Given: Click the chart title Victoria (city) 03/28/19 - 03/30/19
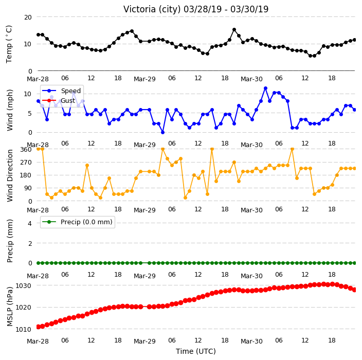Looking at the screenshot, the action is click(196, 9).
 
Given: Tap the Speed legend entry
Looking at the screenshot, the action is click(61, 91).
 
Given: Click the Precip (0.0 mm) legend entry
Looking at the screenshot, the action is click(77, 222).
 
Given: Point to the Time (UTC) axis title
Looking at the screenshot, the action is click(196, 351).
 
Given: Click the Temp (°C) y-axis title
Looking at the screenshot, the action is click(9, 44).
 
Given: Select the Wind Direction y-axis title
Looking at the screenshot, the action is click(10, 175).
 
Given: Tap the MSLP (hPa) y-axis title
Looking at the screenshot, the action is click(10, 306).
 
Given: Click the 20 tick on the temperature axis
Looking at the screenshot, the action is click(28, 17).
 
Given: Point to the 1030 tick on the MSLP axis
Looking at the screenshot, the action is click(23, 286).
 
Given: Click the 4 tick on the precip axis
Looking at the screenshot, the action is click(30, 223).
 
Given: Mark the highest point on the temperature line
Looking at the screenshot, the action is click(234, 29).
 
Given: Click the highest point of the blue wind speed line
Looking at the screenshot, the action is click(265, 88).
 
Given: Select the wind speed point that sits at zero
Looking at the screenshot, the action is click(163, 132).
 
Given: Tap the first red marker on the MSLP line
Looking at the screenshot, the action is click(39, 327).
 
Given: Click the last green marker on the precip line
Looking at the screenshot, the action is click(355, 263).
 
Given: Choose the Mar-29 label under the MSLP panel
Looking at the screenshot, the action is click(145, 341).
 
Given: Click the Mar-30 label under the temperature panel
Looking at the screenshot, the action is click(251, 79).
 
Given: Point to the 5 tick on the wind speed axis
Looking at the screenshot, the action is click(30, 113).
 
